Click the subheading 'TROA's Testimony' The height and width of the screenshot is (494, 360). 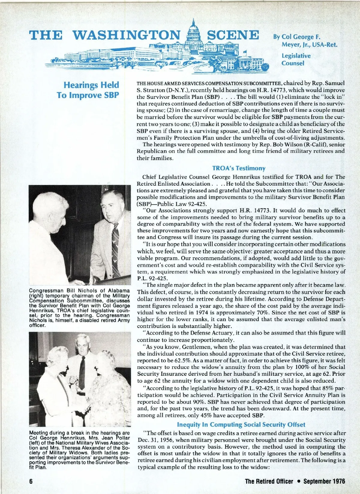(x=239, y=168)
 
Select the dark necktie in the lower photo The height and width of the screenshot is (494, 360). (x=82, y=372)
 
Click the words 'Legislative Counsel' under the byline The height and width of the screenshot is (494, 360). (x=292, y=59)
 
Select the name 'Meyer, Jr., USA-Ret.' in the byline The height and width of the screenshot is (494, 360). (x=309, y=45)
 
